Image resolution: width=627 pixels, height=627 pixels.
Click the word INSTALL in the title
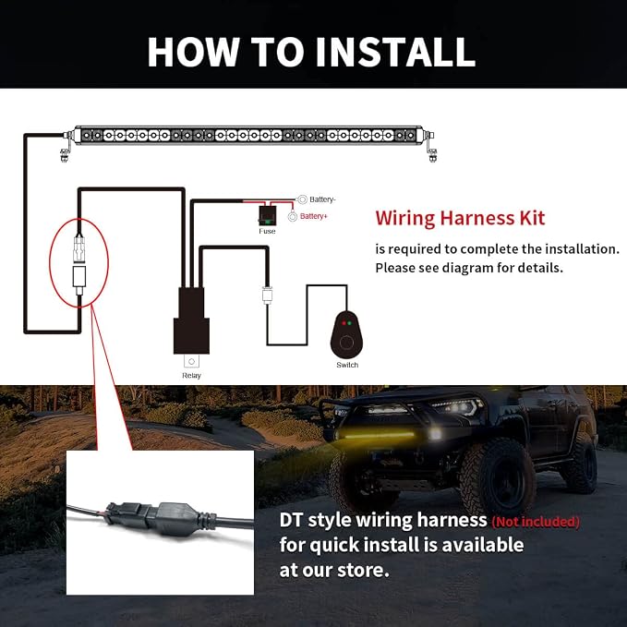[395, 52]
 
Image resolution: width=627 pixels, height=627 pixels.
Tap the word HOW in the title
[194, 52]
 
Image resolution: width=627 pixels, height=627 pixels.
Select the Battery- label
[322, 199]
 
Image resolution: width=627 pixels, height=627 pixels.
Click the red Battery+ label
[314, 216]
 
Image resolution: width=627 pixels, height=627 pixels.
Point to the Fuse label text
[267, 232]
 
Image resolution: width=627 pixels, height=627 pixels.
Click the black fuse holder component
[267, 216]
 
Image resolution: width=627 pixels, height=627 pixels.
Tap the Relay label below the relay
[191, 376]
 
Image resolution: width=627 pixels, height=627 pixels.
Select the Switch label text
[347, 365]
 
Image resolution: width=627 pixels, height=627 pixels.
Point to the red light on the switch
[344, 322]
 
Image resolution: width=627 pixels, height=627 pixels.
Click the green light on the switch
[349, 322]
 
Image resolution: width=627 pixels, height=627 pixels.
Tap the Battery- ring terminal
[302, 199]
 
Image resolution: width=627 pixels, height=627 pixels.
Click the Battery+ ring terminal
[293, 217]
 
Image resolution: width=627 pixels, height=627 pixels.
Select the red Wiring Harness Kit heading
[460, 218]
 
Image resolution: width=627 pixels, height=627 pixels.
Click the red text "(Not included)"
[536, 522]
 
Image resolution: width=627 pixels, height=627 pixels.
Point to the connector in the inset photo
[160, 517]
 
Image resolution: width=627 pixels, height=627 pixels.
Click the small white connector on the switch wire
[267, 295]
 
